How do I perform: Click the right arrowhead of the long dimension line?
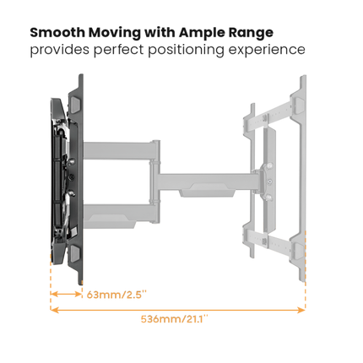coord(300,311)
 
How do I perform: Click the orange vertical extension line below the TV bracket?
coord(301,279)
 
